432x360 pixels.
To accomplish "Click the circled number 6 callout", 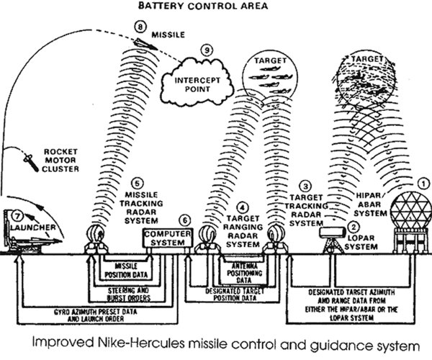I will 184,220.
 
